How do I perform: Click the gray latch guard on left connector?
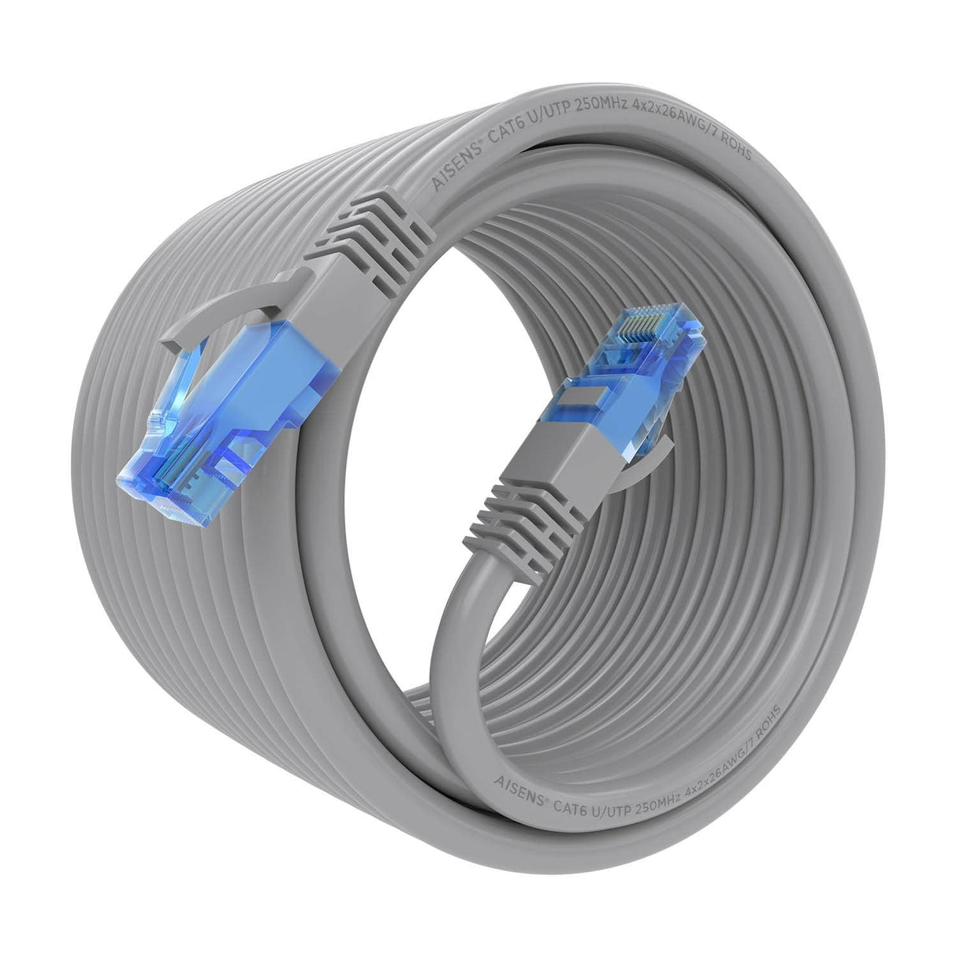[x=229, y=315]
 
